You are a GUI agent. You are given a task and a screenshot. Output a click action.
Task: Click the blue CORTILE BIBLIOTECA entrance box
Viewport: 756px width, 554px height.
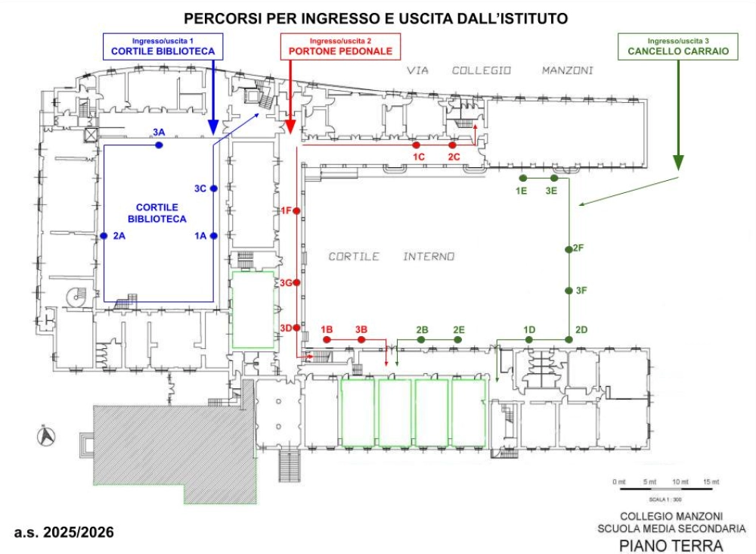(163, 46)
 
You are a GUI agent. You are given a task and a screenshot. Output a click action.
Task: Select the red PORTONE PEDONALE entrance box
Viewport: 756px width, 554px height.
(340, 46)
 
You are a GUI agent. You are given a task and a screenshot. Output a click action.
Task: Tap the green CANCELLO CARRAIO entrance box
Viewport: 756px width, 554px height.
(678, 46)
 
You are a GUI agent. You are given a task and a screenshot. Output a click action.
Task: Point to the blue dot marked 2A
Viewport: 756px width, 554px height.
(104, 236)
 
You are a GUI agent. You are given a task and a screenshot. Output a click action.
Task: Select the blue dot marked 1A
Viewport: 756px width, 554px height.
(214, 236)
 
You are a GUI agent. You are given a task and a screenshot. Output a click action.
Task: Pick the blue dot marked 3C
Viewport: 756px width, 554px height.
(214, 188)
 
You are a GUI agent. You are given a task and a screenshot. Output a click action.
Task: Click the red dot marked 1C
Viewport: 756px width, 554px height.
(417, 145)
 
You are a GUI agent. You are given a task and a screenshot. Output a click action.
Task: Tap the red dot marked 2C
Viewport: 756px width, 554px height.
(452, 145)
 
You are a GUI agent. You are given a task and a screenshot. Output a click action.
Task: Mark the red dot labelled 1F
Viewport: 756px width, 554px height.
(297, 210)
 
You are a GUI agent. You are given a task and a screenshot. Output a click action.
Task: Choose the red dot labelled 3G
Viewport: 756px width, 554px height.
(297, 282)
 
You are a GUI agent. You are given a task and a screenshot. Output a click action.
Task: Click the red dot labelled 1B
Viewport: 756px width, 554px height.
(327, 341)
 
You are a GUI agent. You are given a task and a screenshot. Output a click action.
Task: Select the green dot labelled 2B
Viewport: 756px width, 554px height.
(422, 341)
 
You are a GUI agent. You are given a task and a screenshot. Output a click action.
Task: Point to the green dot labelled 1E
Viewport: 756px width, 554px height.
(523, 178)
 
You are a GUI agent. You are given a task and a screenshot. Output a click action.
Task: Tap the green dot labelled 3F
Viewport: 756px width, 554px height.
(569, 291)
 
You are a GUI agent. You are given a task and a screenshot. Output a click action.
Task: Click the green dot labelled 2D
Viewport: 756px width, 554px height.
(569, 340)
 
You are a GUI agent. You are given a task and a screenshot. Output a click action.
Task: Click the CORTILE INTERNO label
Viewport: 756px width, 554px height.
(392, 257)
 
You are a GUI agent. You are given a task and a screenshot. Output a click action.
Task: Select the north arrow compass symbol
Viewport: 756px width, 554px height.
(44, 435)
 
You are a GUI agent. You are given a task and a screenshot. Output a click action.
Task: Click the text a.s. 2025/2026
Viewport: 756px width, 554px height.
(64, 533)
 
